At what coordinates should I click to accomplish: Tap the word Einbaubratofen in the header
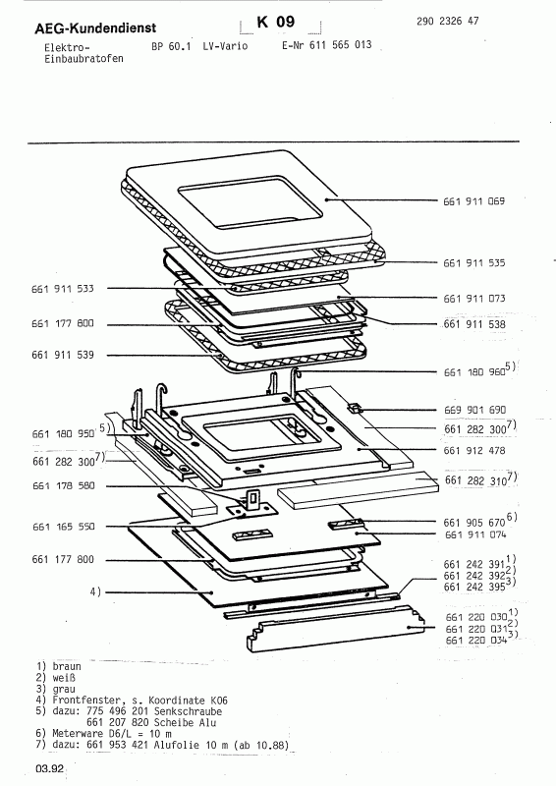pyautogui.click(x=65, y=60)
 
